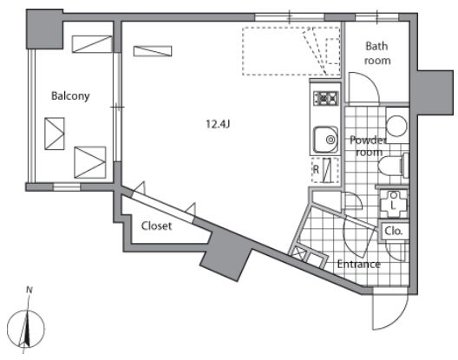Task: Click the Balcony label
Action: coord(70,96)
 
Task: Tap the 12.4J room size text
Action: coord(218,124)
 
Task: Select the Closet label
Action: coord(156,226)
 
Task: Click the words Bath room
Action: coord(376,53)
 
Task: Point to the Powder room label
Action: coord(368,146)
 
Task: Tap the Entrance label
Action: coord(359,265)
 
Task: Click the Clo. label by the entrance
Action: coord(394,231)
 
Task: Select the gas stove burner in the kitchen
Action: coord(325,98)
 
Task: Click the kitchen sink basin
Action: coord(325,140)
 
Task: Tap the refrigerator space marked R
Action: coord(325,170)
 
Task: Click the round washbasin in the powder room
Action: coord(396,126)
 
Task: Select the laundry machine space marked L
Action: coord(393,204)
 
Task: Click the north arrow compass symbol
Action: coord(26,328)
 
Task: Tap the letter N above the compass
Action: coord(29,290)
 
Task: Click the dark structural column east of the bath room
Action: coord(435,93)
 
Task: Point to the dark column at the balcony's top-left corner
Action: coord(45,29)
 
